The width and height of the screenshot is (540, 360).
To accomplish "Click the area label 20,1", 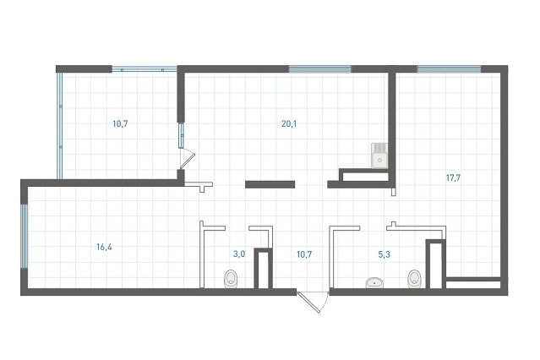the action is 289,123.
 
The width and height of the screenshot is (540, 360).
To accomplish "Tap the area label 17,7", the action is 453,178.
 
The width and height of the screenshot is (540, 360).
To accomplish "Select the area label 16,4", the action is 104,247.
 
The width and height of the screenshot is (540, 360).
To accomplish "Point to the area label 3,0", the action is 239,254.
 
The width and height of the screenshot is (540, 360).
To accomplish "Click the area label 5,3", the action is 384,254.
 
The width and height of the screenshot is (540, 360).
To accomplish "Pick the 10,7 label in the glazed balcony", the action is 120,123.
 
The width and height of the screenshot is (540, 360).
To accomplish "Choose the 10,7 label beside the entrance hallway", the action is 304,254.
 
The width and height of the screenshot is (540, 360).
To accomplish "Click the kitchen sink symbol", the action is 379,155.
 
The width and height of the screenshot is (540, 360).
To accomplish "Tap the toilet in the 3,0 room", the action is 231,279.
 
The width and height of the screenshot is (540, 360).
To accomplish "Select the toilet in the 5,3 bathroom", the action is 414,279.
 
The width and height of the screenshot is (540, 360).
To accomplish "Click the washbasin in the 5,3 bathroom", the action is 374,283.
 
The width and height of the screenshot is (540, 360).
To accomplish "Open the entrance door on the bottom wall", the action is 313,303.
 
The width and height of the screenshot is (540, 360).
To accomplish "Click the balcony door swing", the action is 188,158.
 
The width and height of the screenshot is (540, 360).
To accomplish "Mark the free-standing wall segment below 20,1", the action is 270,184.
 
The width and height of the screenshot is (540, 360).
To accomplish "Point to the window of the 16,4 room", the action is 25,236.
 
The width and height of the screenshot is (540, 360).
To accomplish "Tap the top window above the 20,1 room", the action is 319,69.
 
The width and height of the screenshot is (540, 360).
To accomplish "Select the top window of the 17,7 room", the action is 449,69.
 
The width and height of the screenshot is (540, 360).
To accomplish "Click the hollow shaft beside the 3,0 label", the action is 264,268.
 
